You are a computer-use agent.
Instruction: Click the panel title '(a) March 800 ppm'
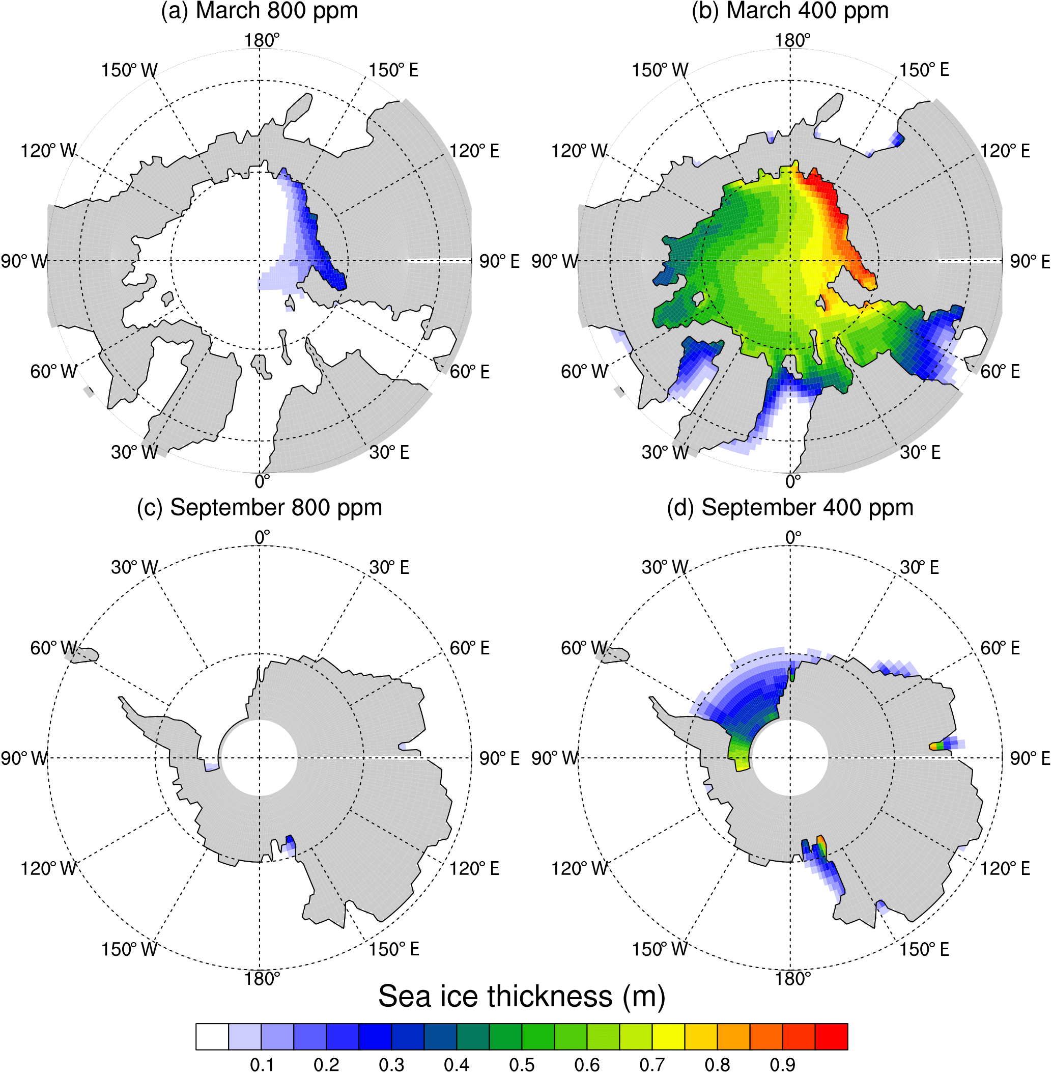point(259,11)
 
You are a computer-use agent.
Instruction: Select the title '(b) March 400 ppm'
point(789,11)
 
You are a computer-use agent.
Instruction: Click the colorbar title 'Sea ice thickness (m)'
point(522,996)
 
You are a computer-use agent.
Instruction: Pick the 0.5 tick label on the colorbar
point(522,1065)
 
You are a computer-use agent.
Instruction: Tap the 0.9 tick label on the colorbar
point(782,1065)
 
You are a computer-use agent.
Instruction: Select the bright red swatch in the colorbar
point(831,1036)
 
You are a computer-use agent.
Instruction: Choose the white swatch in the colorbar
point(212,1036)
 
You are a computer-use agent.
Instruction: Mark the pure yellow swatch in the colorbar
point(668,1036)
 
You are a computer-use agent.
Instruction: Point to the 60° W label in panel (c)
point(53,648)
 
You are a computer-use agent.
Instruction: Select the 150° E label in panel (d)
point(924,950)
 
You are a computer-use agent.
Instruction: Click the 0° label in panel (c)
point(262,537)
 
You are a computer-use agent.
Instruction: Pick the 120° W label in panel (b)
point(579,150)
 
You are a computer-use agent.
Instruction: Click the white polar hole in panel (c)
point(259,758)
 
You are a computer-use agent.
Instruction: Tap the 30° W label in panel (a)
point(134,452)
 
